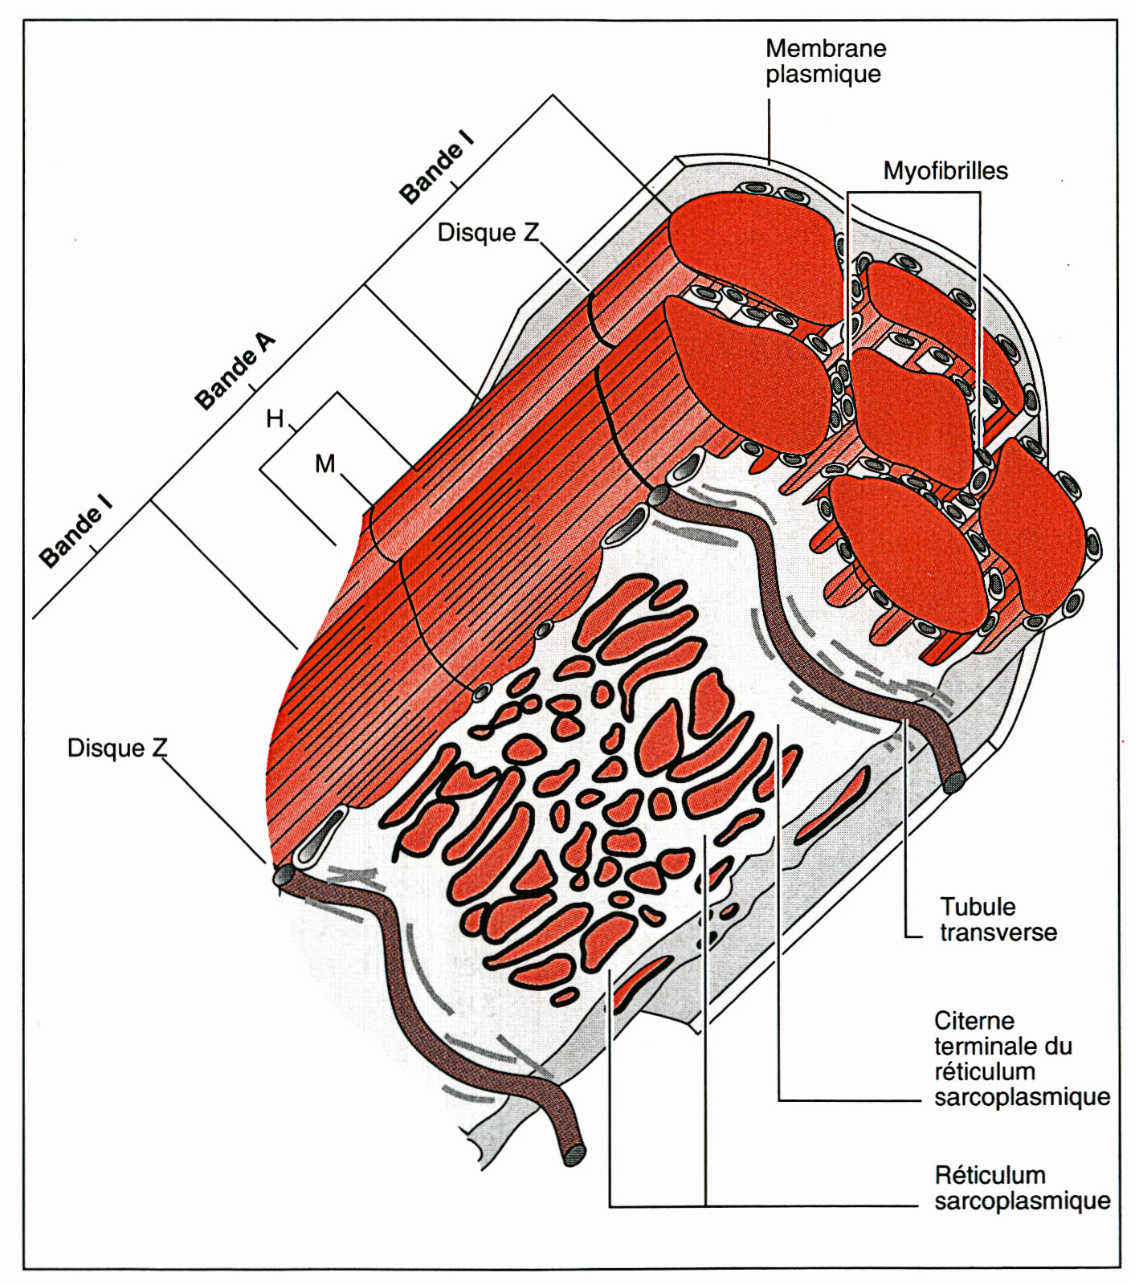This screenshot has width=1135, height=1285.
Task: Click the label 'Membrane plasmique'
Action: pyautogui.click(x=826, y=61)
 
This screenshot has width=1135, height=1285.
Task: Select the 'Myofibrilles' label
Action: pyautogui.click(x=945, y=171)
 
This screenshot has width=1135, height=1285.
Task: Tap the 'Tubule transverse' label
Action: pyautogui.click(x=998, y=920)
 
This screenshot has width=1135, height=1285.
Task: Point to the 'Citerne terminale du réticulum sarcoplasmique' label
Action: pyautogui.click(x=1022, y=1059)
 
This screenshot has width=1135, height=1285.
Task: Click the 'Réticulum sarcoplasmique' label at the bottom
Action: pyautogui.click(x=1022, y=1188)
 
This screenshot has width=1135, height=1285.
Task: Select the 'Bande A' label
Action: pyautogui.click(x=235, y=370)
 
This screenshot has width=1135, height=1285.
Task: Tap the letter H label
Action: pyautogui.click(x=275, y=418)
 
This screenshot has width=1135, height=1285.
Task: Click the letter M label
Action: pyautogui.click(x=325, y=463)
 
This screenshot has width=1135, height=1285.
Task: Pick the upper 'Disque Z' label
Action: pyautogui.click(x=488, y=233)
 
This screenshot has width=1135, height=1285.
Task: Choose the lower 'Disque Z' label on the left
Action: pyautogui.click(x=117, y=748)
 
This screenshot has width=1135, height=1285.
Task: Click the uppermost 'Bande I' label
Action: pyautogui.click(x=437, y=167)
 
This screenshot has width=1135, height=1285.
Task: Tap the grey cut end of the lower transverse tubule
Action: pyautogui.click(x=574, y=1154)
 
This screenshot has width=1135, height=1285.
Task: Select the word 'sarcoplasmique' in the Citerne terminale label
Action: pyautogui.click(x=1022, y=1097)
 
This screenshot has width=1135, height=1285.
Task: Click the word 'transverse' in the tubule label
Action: pyautogui.click(x=998, y=932)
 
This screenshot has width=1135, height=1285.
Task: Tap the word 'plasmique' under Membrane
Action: pyautogui.click(x=823, y=74)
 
